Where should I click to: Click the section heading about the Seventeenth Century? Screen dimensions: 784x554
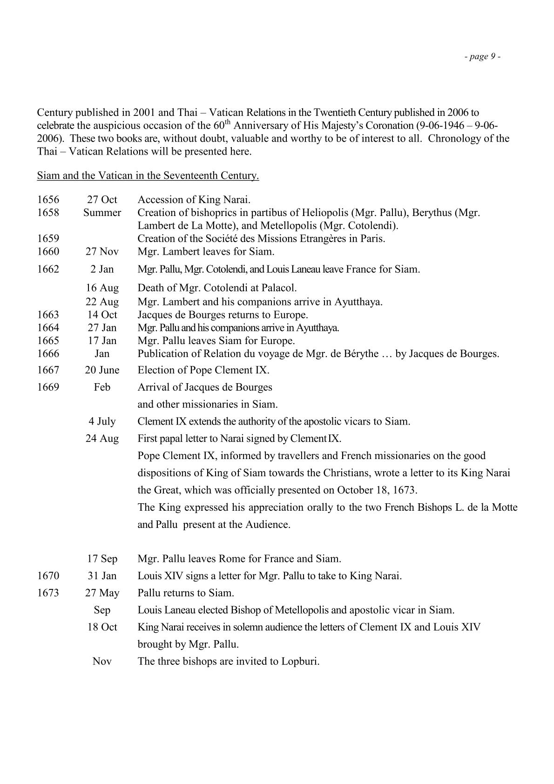(148, 176)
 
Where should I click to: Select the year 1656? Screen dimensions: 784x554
(48, 200)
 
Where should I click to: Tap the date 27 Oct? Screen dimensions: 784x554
(102, 200)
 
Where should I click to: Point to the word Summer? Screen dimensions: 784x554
(102, 213)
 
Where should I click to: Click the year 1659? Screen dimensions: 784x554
(48, 239)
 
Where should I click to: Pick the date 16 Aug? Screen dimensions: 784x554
(102, 288)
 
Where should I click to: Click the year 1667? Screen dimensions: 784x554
(48, 370)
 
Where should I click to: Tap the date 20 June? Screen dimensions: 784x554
(102, 370)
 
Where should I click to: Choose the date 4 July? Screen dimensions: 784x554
(102, 421)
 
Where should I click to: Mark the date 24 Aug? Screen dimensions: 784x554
(102, 439)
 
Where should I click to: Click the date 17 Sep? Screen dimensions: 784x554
(102, 559)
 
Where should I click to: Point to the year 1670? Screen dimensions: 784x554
(48, 576)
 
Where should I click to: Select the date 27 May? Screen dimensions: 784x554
(102, 593)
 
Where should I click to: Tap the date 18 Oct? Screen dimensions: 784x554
(102, 627)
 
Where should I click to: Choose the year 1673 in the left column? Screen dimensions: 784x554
(48, 593)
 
